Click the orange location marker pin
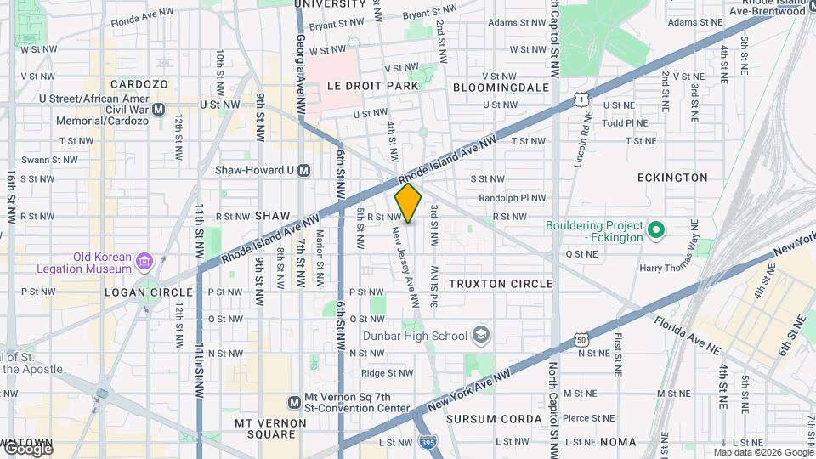click(x=408, y=203)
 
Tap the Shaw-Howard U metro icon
click(x=304, y=170)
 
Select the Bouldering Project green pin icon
click(x=655, y=230)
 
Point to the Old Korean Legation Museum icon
click(x=144, y=261)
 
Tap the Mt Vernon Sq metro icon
click(x=294, y=402)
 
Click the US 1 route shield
click(x=581, y=100)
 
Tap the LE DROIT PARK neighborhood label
click(x=372, y=86)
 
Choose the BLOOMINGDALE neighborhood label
click(x=501, y=87)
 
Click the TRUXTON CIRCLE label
click(x=501, y=284)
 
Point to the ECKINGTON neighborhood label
click(x=672, y=178)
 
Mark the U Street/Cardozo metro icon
click(x=159, y=109)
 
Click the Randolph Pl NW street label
click(x=512, y=198)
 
